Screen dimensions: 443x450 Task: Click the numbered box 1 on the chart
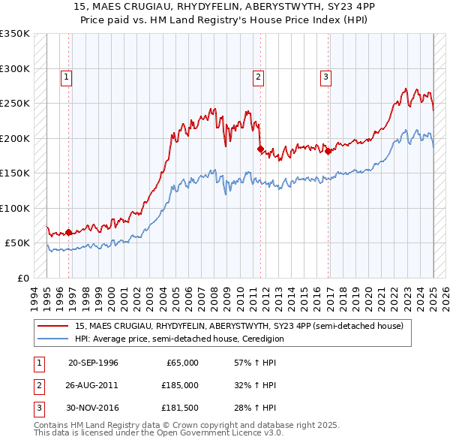(67, 76)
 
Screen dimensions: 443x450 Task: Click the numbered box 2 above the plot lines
(258, 76)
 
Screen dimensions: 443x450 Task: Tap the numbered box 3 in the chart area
(326, 76)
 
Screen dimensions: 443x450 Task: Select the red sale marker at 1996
(69, 233)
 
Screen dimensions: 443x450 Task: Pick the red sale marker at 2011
(260, 149)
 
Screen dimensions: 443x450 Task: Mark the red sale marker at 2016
(328, 152)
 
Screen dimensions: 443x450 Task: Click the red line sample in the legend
(54, 326)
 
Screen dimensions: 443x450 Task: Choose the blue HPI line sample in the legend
(54, 339)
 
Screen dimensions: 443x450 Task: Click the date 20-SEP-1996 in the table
(93, 363)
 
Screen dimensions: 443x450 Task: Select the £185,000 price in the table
(180, 385)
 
